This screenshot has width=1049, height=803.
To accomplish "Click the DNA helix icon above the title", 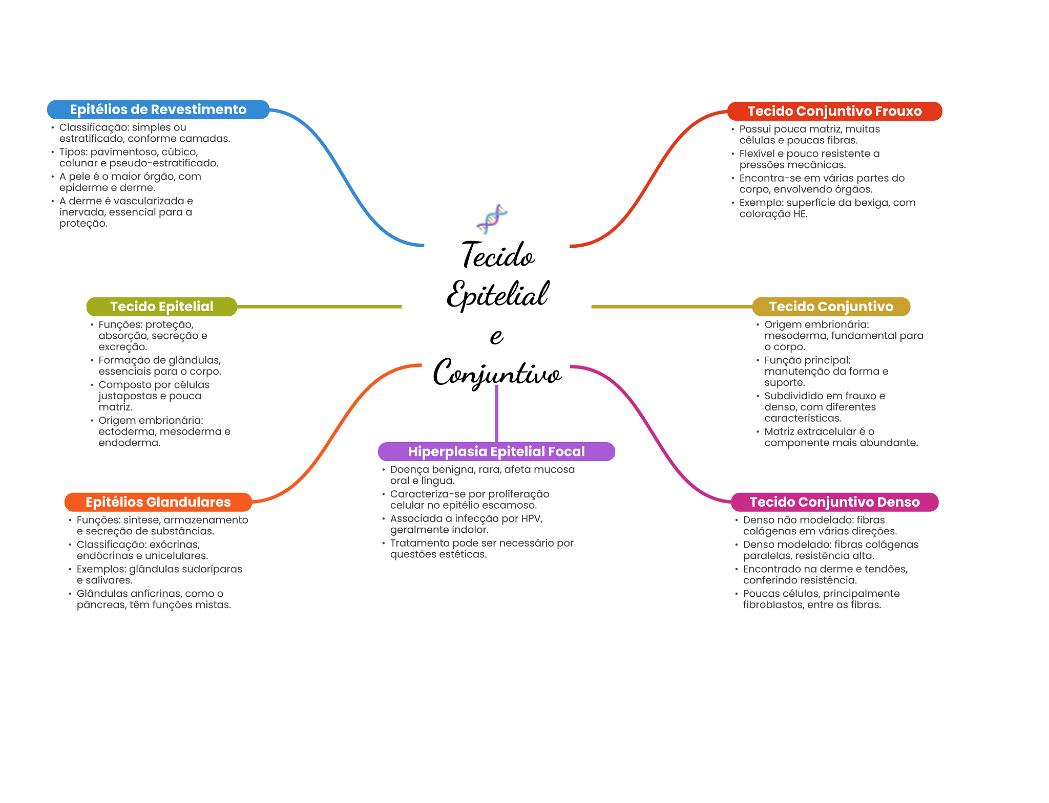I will [492, 219].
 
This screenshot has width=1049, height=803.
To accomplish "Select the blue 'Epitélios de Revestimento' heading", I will [158, 110].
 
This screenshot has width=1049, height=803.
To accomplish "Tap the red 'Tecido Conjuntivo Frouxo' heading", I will [834, 111].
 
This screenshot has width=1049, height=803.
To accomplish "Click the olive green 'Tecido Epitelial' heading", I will [161, 307].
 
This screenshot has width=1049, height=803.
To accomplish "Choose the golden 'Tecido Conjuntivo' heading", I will [831, 307].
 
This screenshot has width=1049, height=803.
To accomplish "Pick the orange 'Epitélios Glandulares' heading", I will [158, 502].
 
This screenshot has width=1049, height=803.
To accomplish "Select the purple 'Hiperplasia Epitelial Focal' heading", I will [496, 451].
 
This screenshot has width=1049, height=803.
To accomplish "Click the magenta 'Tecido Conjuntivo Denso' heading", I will [834, 502].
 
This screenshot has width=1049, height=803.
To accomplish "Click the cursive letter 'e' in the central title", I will [496, 336].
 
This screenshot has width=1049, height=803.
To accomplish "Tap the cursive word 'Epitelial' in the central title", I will [497, 295].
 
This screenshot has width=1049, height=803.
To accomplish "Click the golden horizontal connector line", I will [671, 307].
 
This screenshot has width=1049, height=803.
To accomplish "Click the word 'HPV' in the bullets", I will [531, 518].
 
